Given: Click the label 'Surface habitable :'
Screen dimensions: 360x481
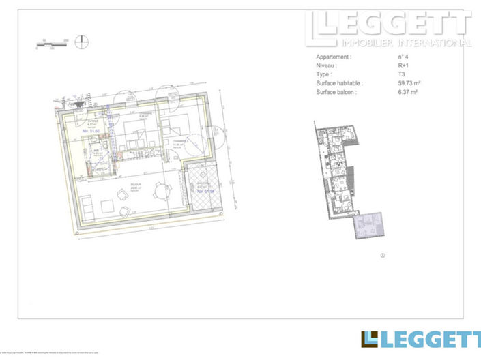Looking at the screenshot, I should click(x=340, y=83).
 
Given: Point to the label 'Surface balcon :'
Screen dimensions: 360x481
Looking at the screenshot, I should click(x=336, y=91).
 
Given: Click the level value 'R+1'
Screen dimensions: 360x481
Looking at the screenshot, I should click(x=404, y=66).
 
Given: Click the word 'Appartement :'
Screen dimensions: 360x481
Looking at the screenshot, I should click(x=334, y=58).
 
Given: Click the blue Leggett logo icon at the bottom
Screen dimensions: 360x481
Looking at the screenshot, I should click(x=369, y=339).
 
